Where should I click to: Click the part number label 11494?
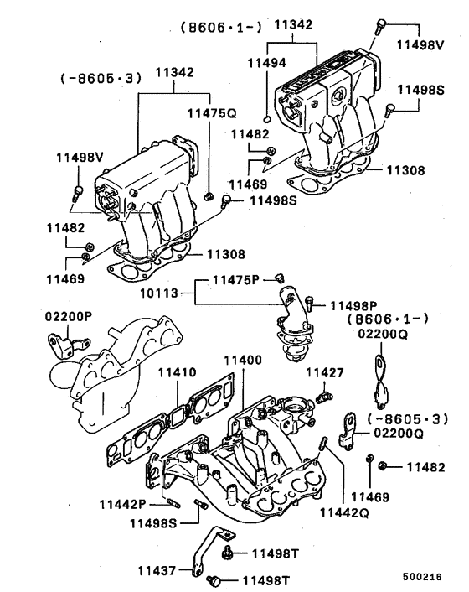point(265,61)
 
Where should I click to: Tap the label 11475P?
point(238,279)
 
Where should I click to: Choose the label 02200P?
point(69,316)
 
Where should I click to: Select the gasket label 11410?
point(178,371)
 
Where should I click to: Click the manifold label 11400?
point(242,360)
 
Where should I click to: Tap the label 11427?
point(322,371)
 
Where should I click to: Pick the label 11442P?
point(122,504)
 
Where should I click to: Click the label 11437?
point(157,571)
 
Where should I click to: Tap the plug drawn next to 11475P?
point(281,278)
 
